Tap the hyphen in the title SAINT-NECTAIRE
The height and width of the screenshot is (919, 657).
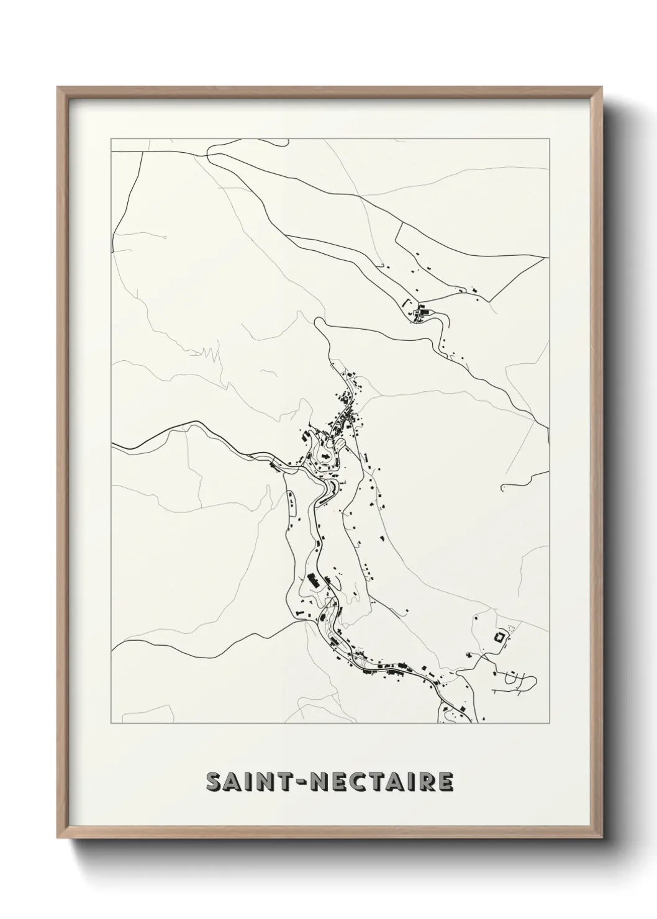pos(306,783)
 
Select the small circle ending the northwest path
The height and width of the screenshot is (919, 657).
pos(165,237)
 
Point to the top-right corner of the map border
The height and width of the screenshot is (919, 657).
pos(550,139)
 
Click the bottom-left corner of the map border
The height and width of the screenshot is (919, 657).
pos(111,723)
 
